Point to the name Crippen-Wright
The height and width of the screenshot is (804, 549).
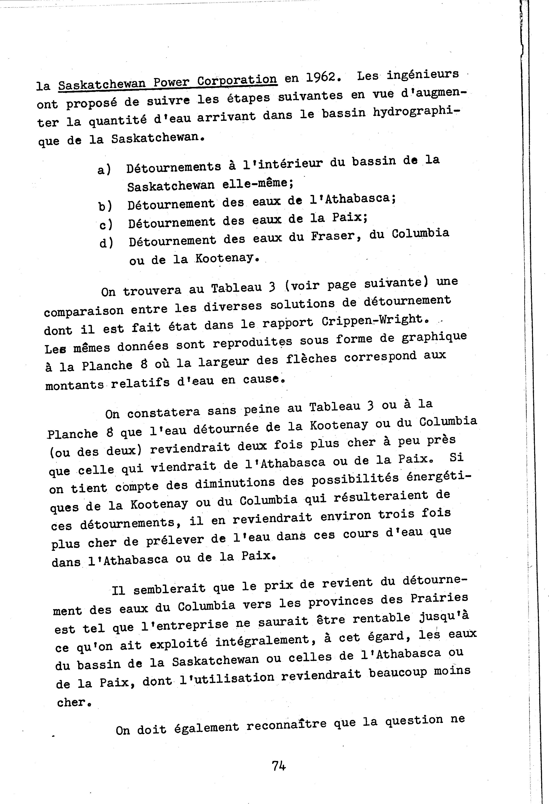pos(373,320)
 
